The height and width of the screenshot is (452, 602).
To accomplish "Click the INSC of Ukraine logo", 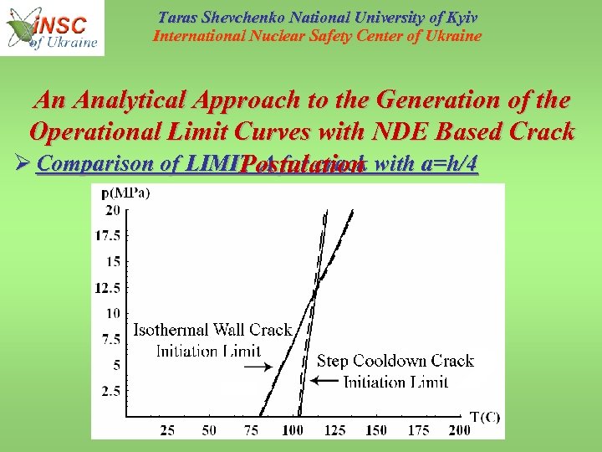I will click(x=53, y=28).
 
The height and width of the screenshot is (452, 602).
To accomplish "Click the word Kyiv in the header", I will click(x=458, y=18).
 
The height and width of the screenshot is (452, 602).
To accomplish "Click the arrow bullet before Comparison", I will click(x=20, y=165).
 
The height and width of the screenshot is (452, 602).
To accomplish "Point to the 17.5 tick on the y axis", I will click(x=108, y=235).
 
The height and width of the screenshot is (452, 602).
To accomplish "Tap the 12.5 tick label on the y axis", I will click(x=108, y=287).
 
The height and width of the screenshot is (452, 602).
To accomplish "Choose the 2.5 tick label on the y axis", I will click(x=110, y=391).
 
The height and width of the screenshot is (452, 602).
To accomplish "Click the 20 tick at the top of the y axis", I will click(x=113, y=209).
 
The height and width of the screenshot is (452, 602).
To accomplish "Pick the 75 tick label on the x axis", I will click(x=251, y=429).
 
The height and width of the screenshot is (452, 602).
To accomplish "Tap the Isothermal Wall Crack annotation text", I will click(x=212, y=330).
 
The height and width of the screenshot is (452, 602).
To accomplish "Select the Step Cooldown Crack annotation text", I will click(x=395, y=362).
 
